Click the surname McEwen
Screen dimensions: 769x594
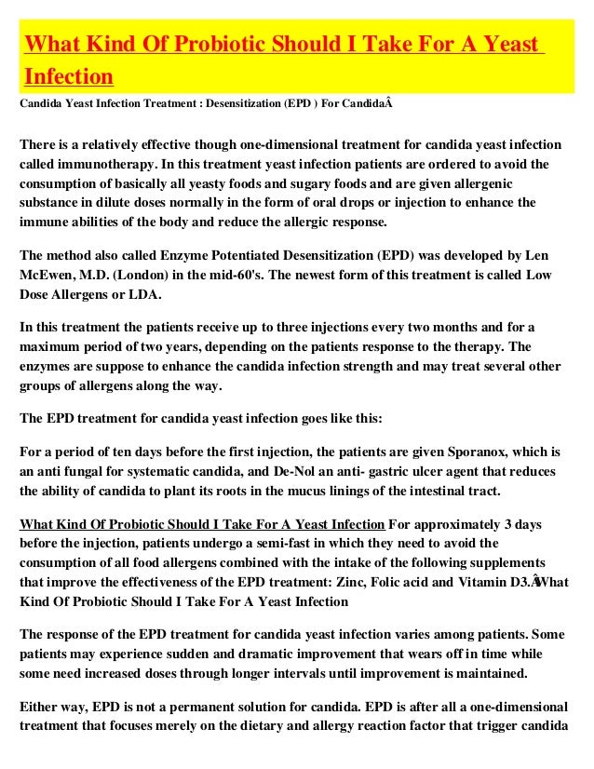click(49, 277)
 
